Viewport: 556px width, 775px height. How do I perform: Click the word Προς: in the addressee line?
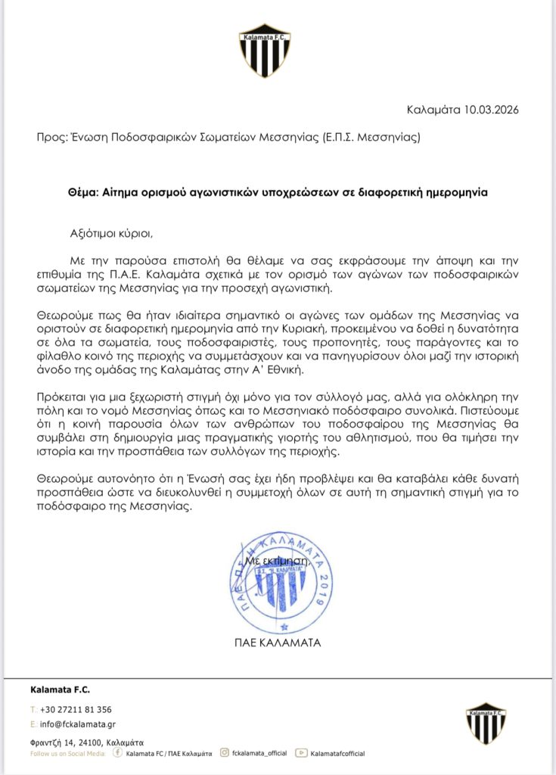pos(51,138)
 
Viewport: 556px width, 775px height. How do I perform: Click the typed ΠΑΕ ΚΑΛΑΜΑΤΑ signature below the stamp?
pos(278,644)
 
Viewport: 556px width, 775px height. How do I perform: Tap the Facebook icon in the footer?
pos(117,753)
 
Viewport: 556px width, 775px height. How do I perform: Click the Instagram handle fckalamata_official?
pos(259,753)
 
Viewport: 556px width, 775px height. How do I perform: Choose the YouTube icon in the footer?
pos(302,753)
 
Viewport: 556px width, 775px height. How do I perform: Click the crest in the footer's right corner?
pos(486,723)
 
